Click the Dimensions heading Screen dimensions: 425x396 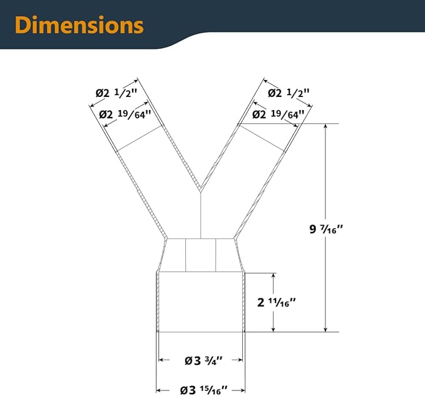(x=79, y=25)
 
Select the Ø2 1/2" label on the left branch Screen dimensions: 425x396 (x=116, y=93)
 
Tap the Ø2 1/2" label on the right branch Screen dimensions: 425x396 (x=289, y=93)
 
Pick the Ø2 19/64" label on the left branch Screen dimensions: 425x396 (x=125, y=114)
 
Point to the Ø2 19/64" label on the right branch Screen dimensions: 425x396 (x=278, y=114)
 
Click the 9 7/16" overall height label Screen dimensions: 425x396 (x=326, y=229)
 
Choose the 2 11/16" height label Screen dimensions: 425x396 (x=277, y=302)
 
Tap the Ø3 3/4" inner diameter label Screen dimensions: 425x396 (x=203, y=360)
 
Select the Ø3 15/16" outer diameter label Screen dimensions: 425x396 (x=204, y=390)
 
